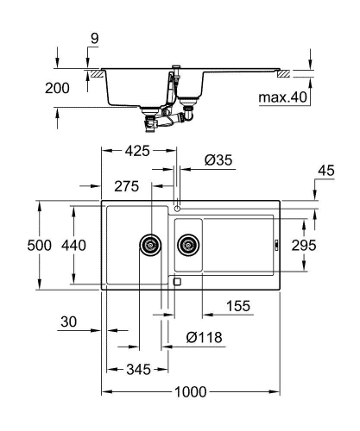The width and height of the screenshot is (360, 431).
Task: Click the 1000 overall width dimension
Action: click(192, 391)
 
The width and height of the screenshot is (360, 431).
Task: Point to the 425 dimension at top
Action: click(137, 151)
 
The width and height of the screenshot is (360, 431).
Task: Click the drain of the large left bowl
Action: click(151, 244)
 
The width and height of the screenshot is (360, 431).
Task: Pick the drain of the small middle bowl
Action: click(186, 244)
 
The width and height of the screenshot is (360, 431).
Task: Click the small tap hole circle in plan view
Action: click(177, 208)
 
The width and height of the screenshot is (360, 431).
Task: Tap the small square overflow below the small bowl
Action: click(177, 281)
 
